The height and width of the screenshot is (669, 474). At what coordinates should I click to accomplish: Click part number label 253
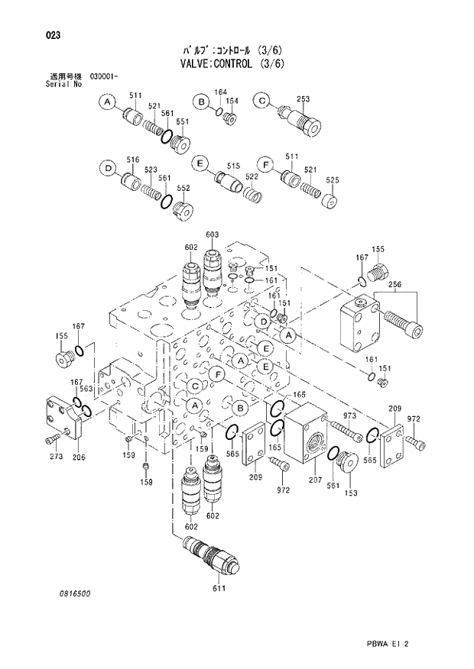pos(303,99)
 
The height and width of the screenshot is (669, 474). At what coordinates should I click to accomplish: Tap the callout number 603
pos(213,234)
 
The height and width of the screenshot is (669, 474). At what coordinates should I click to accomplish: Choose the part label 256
pos(395,285)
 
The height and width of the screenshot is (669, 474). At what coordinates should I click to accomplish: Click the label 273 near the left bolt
pos(55,457)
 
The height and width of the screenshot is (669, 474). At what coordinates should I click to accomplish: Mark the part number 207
pos(316,481)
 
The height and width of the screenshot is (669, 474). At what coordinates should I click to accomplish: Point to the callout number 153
pos(350,493)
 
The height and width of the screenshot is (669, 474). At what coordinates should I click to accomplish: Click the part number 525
pos(332,180)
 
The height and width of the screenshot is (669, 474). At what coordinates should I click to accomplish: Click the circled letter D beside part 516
pos(109,168)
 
